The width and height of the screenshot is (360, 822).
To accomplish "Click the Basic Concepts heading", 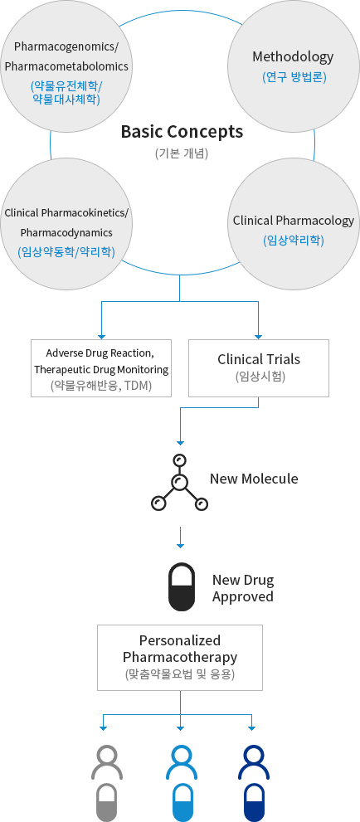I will tap(182, 131).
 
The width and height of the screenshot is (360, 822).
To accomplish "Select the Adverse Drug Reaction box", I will tap(101, 367).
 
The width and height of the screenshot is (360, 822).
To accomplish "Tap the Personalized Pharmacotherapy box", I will tap(180, 658).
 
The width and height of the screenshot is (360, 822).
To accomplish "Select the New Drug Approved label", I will tap(243, 588).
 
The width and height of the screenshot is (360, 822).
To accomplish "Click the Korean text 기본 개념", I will tap(181, 153).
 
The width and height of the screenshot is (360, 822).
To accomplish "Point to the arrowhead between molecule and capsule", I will tap(180, 546).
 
